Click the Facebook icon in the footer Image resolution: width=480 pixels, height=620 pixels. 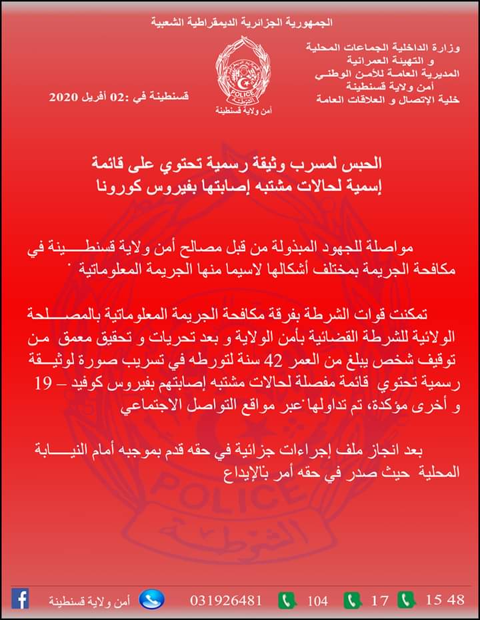click(x=21, y=599)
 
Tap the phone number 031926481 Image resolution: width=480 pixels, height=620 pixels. click(x=225, y=600)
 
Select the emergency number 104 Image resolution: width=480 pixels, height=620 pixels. click(x=317, y=600)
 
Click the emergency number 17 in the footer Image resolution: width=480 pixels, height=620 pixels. click(x=379, y=600)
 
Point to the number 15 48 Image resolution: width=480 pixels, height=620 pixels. click(x=445, y=599)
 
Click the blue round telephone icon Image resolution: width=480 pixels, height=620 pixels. click(x=151, y=599)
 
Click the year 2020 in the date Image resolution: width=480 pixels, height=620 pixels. click(x=64, y=98)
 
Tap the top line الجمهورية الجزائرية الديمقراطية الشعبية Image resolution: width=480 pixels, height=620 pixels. click(x=241, y=23)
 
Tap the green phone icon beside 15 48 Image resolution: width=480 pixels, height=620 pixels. click(x=407, y=599)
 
